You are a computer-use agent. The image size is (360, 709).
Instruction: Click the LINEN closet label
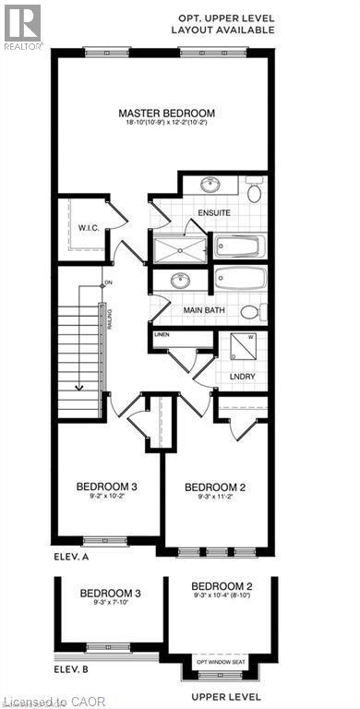point(162,333)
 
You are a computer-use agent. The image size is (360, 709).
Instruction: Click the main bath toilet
point(260,311)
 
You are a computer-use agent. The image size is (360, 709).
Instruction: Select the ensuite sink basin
point(208,184)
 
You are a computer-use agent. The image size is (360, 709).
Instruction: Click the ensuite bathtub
point(239,246)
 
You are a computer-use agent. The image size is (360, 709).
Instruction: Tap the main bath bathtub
point(239,278)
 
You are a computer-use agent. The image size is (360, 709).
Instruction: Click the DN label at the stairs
point(108,282)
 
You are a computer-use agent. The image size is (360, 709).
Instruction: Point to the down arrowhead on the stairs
point(80,389)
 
